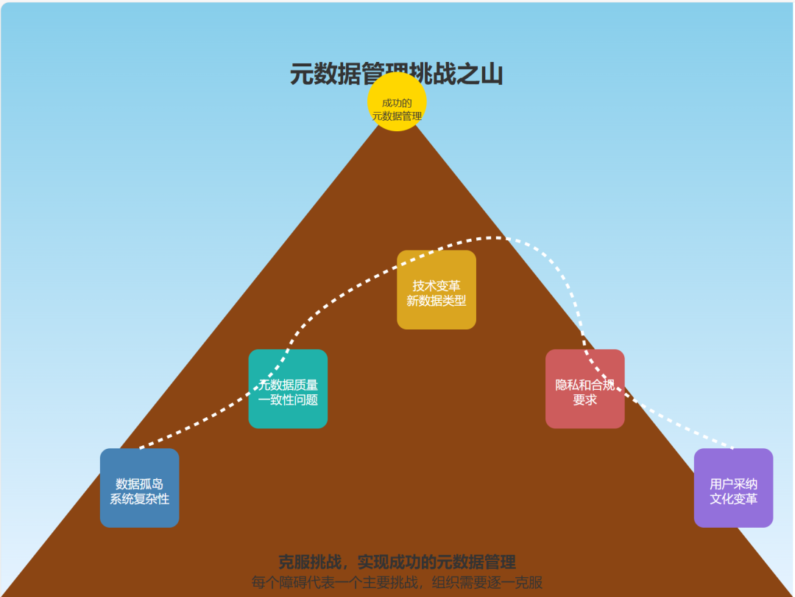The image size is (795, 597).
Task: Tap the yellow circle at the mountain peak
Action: point(397,102)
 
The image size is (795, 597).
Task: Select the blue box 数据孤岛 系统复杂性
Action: point(139,488)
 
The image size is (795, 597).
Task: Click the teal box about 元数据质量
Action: point(288,389)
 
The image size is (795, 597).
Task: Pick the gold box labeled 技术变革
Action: point(437,290)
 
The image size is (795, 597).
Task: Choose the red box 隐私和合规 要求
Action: point(584,389)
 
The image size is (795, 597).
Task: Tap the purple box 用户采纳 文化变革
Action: point(733,488)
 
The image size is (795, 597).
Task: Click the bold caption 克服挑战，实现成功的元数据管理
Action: point(397,562)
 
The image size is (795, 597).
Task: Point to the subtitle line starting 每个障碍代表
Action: point(397,582)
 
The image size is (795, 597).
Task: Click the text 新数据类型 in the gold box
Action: point(437,301)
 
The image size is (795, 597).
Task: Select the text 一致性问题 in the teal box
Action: point(288,399)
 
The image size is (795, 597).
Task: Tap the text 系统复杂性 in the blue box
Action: point(139,499)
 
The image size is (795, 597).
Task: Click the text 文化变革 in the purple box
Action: point(733,499)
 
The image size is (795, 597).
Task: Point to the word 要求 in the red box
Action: point(584,399)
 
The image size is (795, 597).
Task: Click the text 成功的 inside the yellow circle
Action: point(397,102)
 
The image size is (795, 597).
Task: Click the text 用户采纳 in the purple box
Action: point(733,484)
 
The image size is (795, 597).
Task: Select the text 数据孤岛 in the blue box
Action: point(139,484)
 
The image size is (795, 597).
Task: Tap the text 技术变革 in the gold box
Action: point(437,286)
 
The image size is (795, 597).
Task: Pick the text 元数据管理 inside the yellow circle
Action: point(397,116)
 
